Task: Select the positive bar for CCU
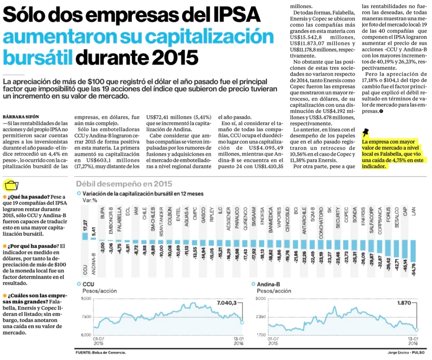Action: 85,236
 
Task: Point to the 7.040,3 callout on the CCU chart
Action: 227,303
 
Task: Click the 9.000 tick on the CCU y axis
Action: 86,299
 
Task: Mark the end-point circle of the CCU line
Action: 243,322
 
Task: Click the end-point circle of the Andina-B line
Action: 417,329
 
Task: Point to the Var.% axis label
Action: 90,201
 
